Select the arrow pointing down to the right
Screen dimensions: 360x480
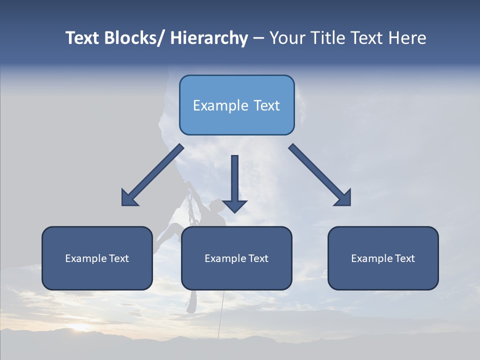[320, 175]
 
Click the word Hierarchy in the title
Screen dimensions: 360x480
[208, 38]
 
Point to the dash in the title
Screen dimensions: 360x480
[258, 38]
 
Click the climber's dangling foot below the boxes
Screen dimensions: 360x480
[191, 304]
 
